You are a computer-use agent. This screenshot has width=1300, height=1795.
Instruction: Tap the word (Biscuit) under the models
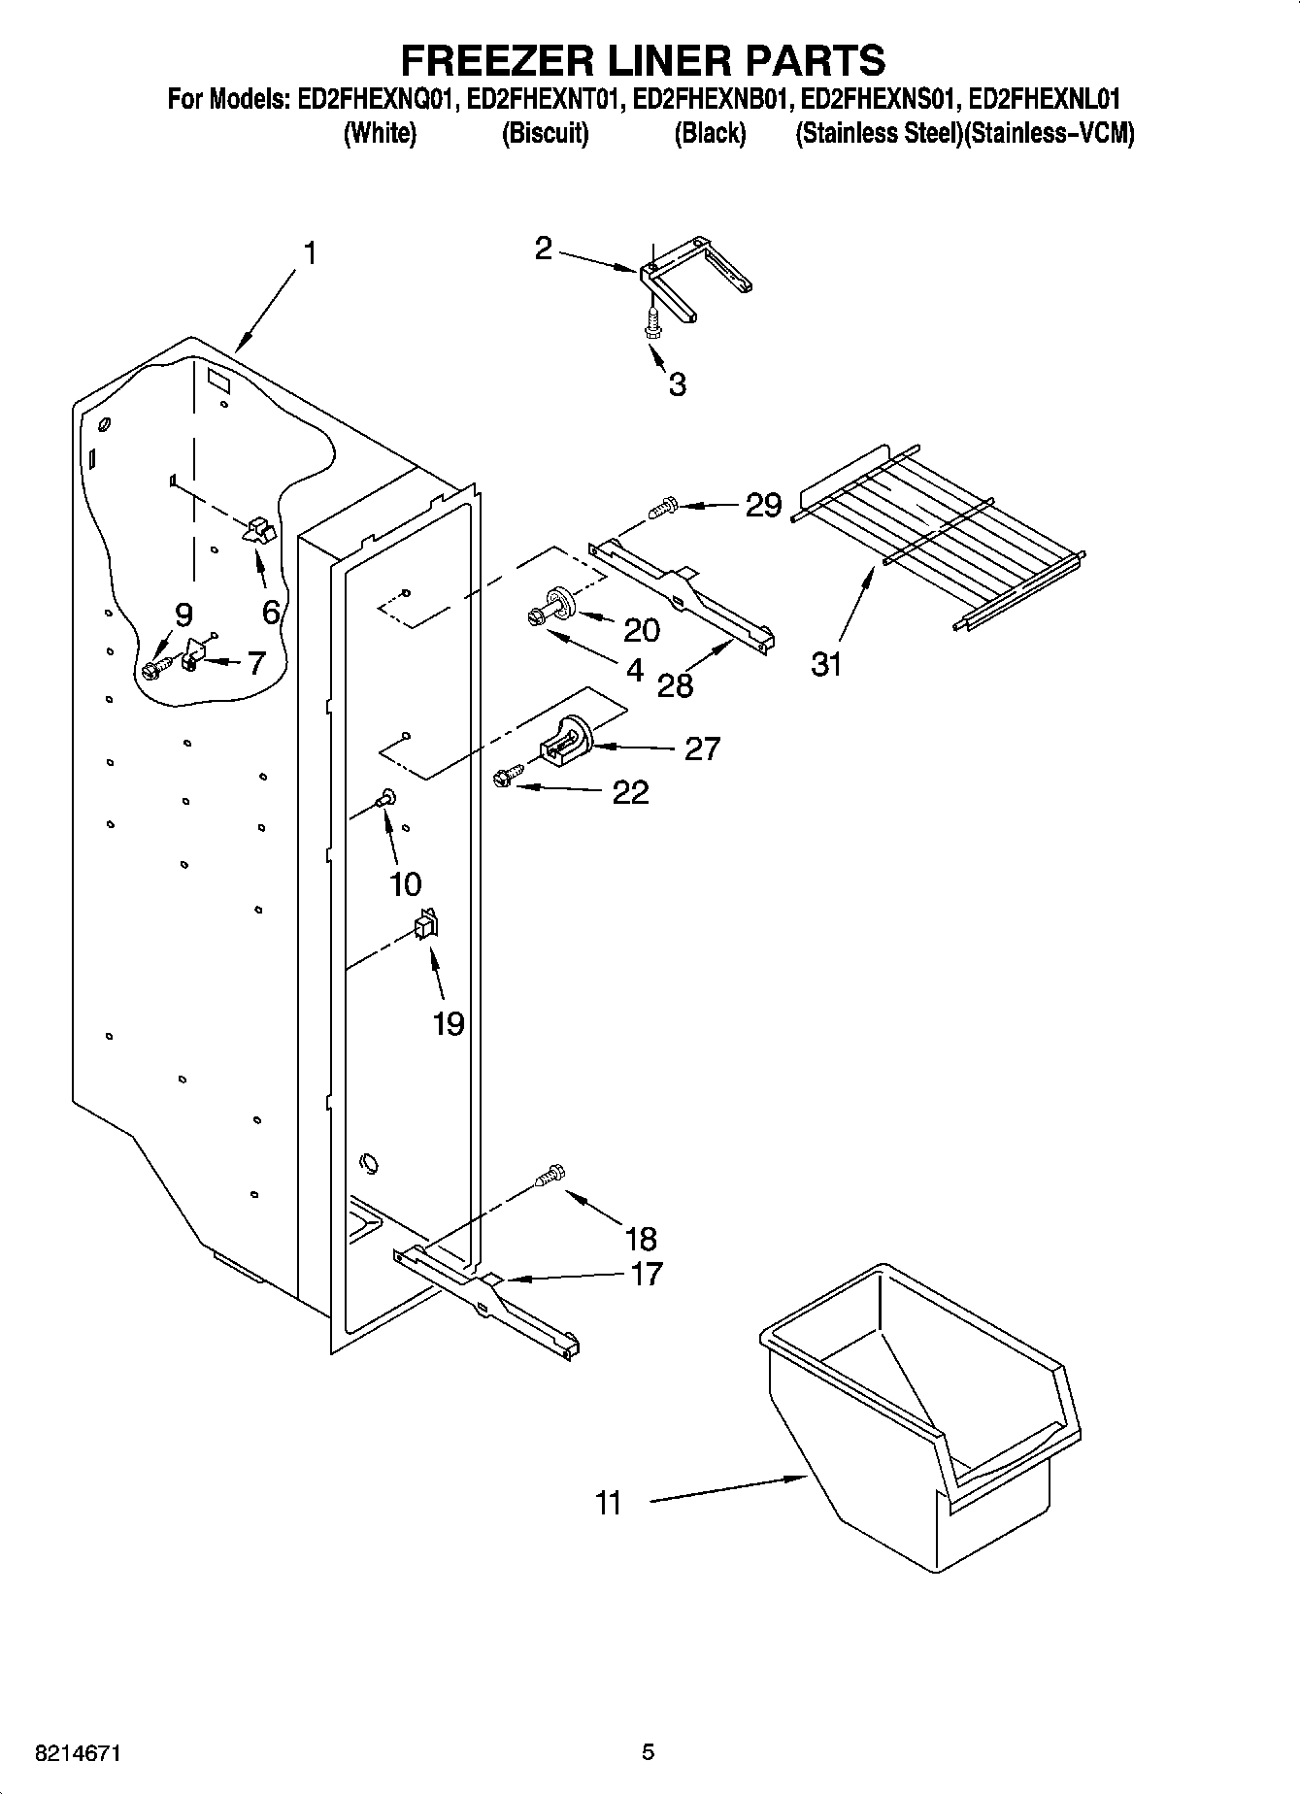coord(545,134)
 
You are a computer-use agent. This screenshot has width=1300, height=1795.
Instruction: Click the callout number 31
coord(826,666)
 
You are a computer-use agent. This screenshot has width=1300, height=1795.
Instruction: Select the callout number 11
coord(609,1504)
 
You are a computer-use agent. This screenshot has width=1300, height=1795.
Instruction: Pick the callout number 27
coord(702,748)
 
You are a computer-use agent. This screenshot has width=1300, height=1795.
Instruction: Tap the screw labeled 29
coord(664,506)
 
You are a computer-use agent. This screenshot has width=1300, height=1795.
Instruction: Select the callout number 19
coord(448,1023)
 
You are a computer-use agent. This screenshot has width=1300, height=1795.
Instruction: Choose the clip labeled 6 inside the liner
coord(260,530)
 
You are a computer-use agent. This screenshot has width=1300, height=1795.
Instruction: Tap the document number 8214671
coord(78,1753)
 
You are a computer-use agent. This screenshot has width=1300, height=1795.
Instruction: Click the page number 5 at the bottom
coord(648,1752)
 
